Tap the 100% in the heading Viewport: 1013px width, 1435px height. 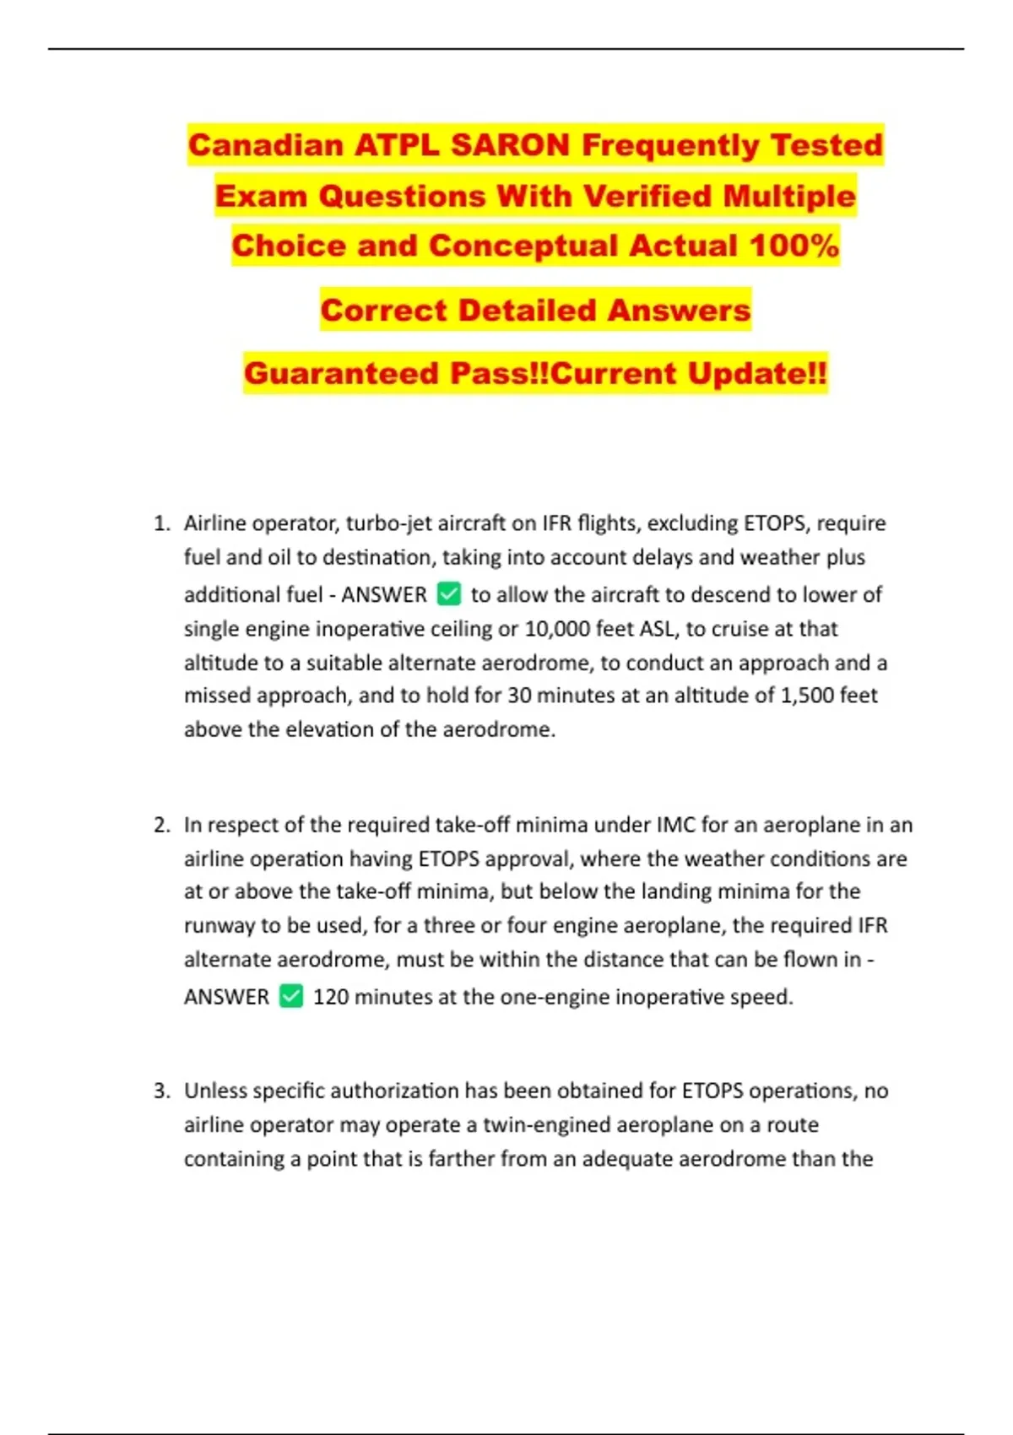tap(794, 246)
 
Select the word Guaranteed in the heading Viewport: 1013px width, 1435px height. tap(342, 373)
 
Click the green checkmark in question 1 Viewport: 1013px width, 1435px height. tap(449, 594)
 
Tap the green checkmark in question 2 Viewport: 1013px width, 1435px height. tap(291, 996)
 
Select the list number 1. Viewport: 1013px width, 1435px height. tap(162, 523)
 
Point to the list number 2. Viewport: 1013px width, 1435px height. tap(162, 825)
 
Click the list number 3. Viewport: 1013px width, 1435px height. tap(162, 1091)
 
